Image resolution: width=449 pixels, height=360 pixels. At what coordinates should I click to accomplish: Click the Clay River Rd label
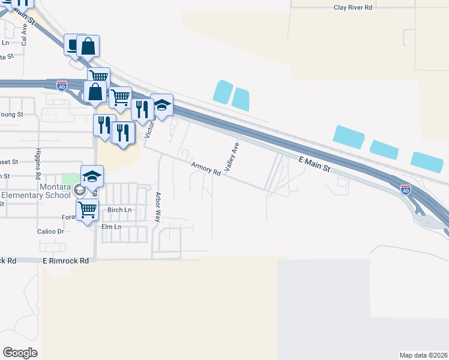pos(353,7)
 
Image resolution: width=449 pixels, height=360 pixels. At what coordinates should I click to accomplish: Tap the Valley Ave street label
pos(232,155)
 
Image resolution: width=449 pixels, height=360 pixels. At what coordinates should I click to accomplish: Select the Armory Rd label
pos(206,169)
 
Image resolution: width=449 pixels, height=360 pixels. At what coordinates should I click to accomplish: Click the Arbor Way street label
pos(158,207)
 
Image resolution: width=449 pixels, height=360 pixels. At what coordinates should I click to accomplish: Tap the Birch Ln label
pos(119,210)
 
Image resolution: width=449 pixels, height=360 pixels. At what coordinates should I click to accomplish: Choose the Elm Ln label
pos(111,227)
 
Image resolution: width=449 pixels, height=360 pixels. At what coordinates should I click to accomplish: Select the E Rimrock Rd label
pos(65,261)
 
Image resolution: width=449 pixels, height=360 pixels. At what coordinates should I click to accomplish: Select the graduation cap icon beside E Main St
pos(161,104)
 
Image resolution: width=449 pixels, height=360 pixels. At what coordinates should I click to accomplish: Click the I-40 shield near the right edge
pos(406,189)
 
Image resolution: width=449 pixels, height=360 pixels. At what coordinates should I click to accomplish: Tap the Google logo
pos(20,352)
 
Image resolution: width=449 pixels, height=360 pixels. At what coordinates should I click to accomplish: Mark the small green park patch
pos(71,179)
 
